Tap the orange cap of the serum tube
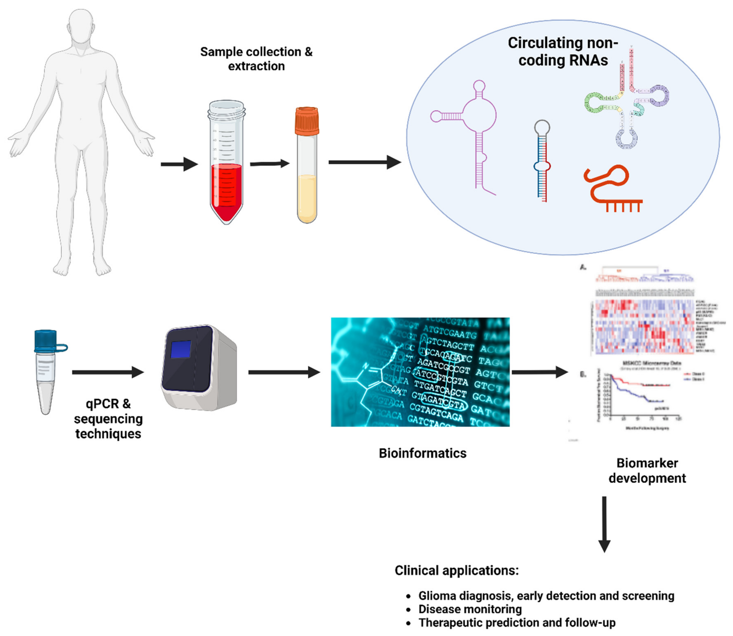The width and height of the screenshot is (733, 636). (307, 121)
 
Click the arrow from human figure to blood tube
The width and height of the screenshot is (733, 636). (179, 164)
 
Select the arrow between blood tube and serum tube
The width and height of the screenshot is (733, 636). (270, 164)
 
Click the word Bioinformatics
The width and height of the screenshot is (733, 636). (422, 453)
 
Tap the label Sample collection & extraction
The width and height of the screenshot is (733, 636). (256, 59)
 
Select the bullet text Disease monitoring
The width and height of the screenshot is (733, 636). (470, 609)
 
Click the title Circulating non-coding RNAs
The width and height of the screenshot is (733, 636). (563, 51)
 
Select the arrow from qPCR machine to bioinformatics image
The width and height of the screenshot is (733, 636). (284, 372)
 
